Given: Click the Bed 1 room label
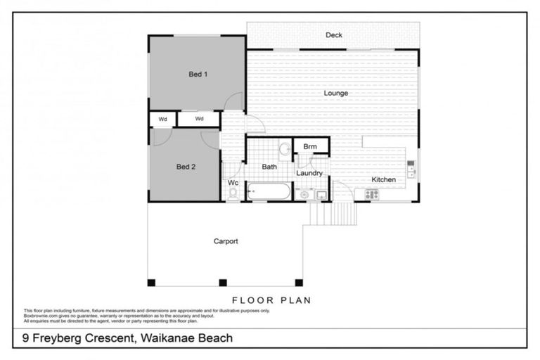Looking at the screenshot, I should click(x=198, y=74).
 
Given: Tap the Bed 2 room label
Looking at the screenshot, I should click(x=186, y=167).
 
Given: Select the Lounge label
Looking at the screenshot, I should click(x=335, y=93).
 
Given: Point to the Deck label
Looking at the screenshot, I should click(x=334, y=35).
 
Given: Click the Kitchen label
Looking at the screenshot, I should click(x=384, y=179).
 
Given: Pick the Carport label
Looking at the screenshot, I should click(x=226, y=241).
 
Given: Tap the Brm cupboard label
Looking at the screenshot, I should click(x=310, y=147).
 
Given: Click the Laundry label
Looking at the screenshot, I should click(x=309, y=173).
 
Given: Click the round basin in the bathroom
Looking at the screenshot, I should click(x=285, y=149).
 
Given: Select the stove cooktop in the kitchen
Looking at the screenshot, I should click(x=371, y=194).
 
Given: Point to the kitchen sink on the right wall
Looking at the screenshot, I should click(x=411, y=169).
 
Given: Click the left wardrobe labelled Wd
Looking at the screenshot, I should click(x=162, y=119).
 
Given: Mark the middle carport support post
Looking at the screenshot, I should click(x=223, y=283).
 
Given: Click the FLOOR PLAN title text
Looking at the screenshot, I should click(x=271, y=300).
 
